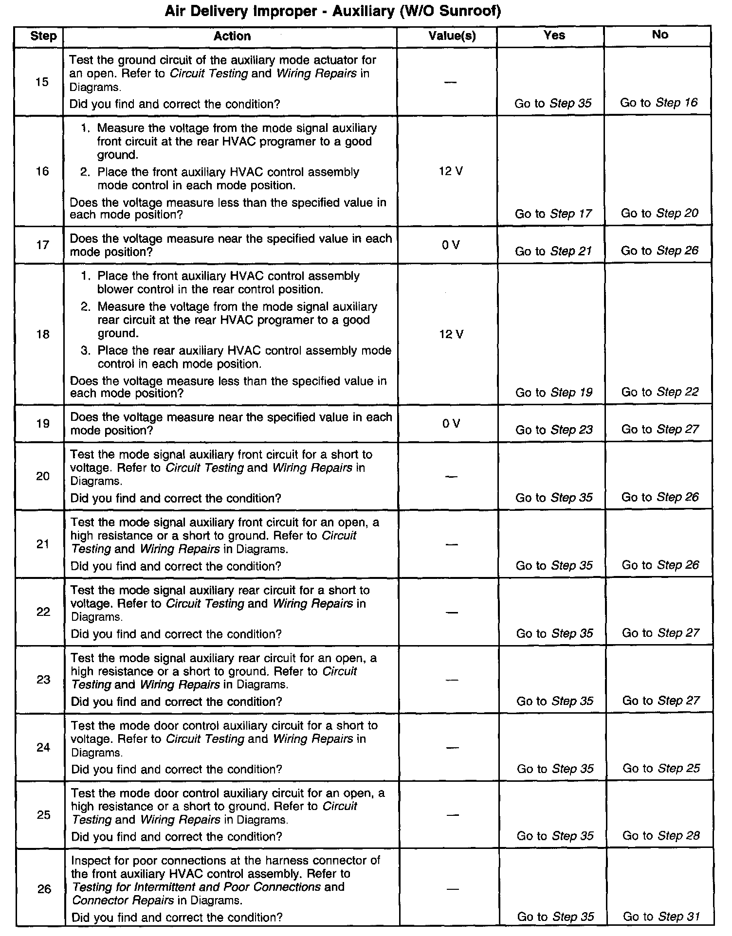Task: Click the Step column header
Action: pyautogui.click(x=43, y=36)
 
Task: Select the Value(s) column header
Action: pyautogui.click(x=452, y=36)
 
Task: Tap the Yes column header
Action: pyautogui.click(x=554, y=35)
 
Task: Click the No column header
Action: pyautogui.click(x=659, y=35)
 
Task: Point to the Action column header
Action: pyautogui.click(x=232, y=36)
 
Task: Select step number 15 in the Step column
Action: pyautogui.click(x=42, y=82)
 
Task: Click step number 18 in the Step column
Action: pyautogui.click(x=43, y=334)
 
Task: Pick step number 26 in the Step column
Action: pyautogui.click(x=44, y=889)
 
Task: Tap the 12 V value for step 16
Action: pyautogui.click(x=451, y=171)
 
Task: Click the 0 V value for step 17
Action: pyautogui.click(x=451, y=245)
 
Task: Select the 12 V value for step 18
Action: pyautogui.click(x=452, y=334)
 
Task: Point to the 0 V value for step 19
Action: pyautogui.click(x=452, y=424)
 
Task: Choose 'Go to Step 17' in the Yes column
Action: pyautogui.click(x=553, y=214)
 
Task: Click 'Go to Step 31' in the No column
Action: pyautogui.click(x=661, y=917)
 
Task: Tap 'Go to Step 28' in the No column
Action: pyautogui.click(x=661, y=836)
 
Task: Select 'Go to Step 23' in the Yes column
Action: pyautogui.click(x=554, y=430)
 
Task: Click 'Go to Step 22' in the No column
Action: pyautogui.click(x=660, y=392)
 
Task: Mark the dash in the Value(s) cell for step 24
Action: pyautogui.click(x=452, y=748)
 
